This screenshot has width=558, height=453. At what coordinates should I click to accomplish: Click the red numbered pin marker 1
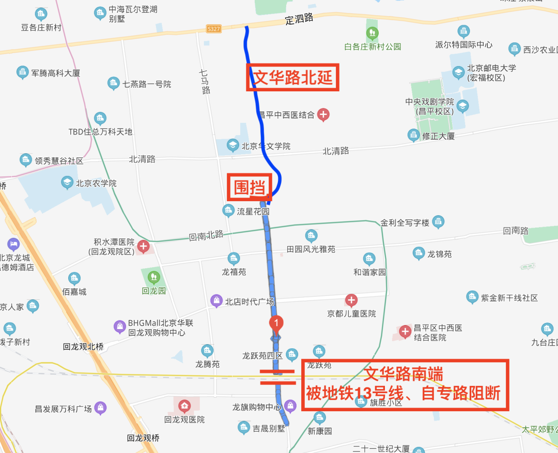pyautogui.click(x=276, y=323)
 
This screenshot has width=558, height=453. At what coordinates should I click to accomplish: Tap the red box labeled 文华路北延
pyautogui.click(x=292, y=78)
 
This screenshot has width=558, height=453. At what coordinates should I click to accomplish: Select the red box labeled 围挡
pyautogui.click(x=250, y=187)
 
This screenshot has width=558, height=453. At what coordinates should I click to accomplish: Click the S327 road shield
pyautogui.click(x=214, y=28)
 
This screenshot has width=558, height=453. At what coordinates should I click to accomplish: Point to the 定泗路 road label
pyautogui.click(x=299, y=20)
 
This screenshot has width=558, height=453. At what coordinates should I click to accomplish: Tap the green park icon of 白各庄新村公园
pyautogui.click(x=371, y=34)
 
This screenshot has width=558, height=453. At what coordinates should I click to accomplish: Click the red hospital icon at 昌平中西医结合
pyautogui.click(x=323, y=115)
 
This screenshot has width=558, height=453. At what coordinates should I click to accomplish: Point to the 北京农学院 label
pyautogui.click(x=96, y=183)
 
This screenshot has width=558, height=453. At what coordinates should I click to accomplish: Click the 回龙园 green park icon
pyautogui.click(x=153, y=277)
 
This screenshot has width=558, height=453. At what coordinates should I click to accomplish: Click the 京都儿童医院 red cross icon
pyautogui.click(x=351, y=300)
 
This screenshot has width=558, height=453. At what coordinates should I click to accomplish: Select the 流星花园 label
pyautogui.click(x=253, y=211)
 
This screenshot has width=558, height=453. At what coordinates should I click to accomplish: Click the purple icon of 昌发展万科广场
pyautogui.click(x=100, y=408)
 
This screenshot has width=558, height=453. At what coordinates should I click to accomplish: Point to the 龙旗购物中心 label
pyautogui.click(x=256, y=407)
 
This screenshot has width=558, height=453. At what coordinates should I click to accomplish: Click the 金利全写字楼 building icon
pyautogui.click(x=438, y=222)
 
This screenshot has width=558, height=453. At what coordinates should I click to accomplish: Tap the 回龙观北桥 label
pyautogui.click(x=83, y=347)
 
